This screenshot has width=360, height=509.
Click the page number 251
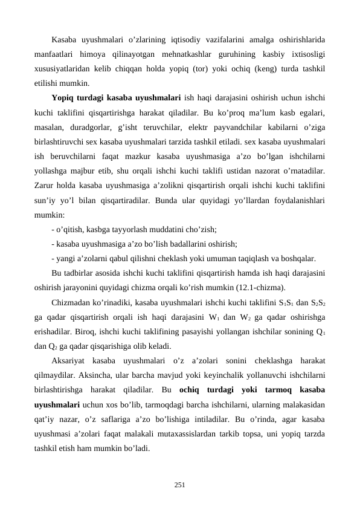[180, 485]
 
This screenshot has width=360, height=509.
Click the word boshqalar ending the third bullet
[298, 258]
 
